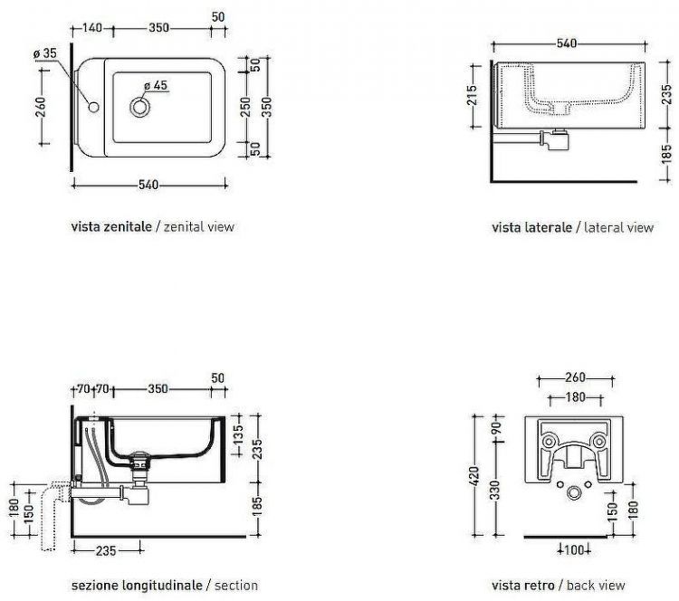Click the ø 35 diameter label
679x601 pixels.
point(45,53)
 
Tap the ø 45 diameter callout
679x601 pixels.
point(156,86)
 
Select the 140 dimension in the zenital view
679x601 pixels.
point(91,28)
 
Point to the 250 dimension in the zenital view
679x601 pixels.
point(245,107)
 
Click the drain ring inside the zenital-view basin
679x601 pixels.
point(139,107)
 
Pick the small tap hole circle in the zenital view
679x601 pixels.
point(93,107)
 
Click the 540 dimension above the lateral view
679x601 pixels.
point(567,43)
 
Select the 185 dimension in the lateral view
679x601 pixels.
point(667,155)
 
